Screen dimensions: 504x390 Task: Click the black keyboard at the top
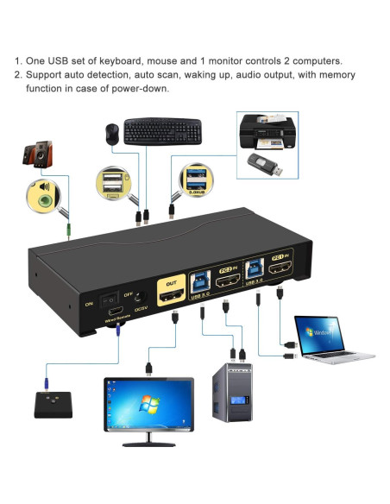tap(164, 131)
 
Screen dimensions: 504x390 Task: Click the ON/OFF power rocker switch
tap(110, 302)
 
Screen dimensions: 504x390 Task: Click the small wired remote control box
tap(54, 403)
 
